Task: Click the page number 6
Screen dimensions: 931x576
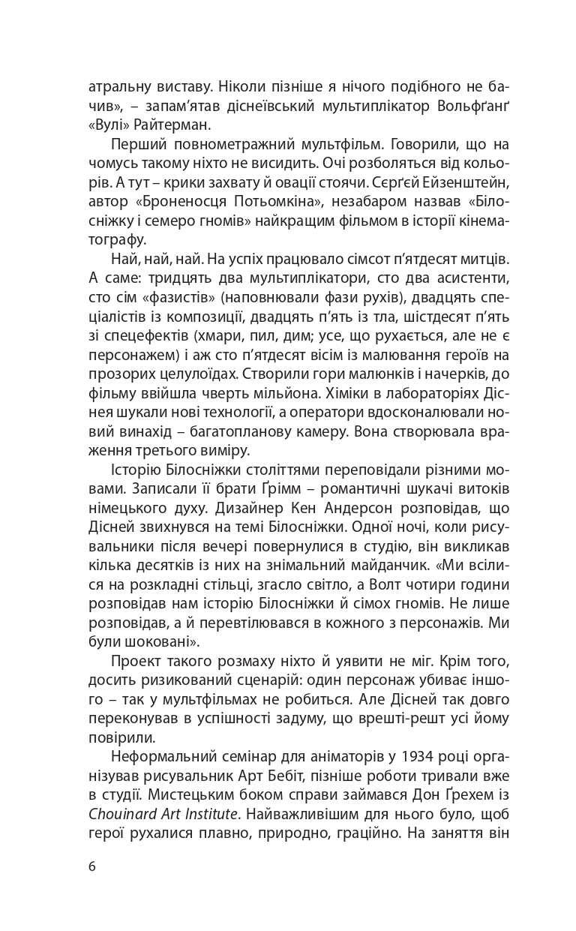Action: pyautogui.click(x=91, y=866)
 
